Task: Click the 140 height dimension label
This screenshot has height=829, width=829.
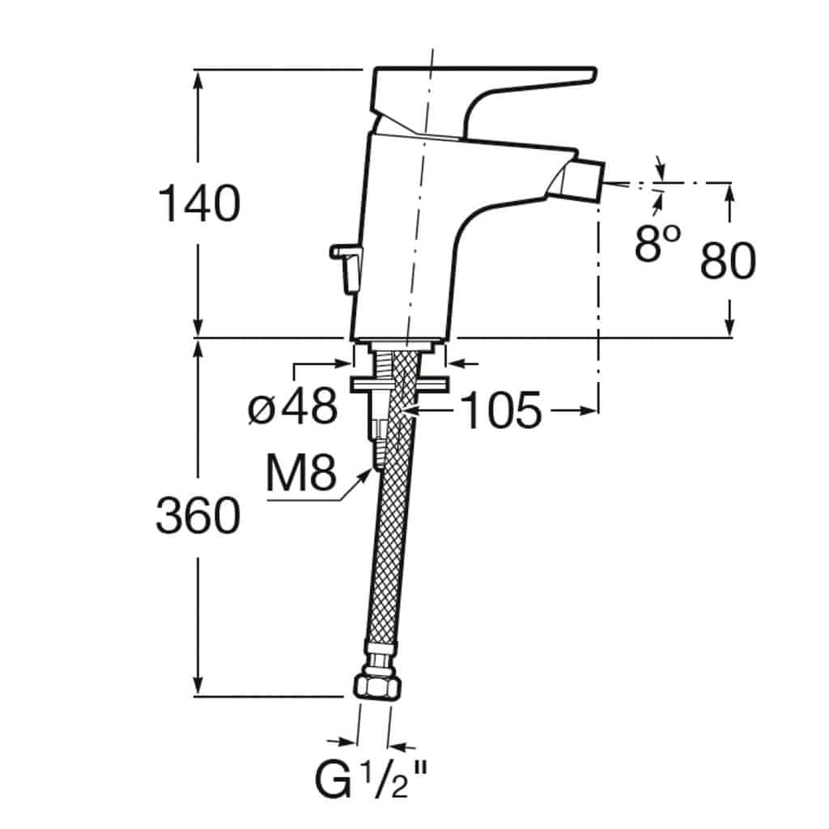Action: click(x=199, y=203)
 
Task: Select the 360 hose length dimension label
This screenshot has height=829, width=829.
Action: click(x=198, y=515)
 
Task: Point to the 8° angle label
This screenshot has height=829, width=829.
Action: click(x=657, y=243)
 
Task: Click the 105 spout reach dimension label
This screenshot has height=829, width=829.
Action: click(x=501, y=410)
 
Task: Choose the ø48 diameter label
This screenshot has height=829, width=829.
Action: click(x=292, y=406)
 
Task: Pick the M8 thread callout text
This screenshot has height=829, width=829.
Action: click(x=301, y=472)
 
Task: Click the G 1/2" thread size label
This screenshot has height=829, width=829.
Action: click(x=371, y=780)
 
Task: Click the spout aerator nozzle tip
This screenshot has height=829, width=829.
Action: click(x=581, y=181)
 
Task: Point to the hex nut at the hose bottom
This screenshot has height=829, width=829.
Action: click(x=377, y=687)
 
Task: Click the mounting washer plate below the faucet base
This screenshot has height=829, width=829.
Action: click(x=399, y=384)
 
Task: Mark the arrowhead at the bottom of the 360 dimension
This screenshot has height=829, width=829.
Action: click(x=198, y=687)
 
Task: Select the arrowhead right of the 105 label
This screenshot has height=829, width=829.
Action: click(x=589, y=410)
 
